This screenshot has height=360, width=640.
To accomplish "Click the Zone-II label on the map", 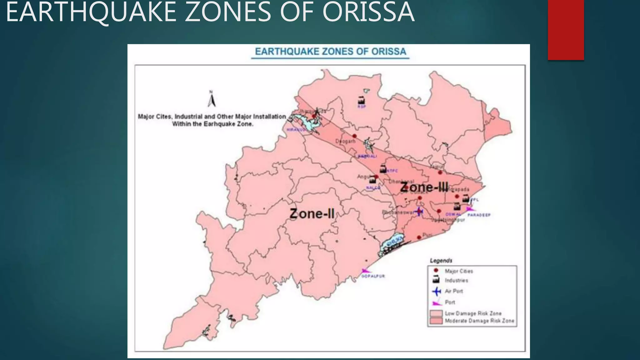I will coord(312,214).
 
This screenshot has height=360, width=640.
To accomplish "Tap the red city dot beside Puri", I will coord(419,237).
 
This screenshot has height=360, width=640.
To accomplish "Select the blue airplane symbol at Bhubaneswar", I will coord(419,212).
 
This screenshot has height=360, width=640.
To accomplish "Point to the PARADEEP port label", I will coord(479,215).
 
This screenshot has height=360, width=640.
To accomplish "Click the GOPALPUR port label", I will coord(373,276).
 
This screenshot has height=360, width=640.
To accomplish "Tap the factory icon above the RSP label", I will coord(361,101).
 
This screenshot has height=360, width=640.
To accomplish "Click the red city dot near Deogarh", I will coord(354,136).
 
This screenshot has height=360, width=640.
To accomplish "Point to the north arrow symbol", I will coord(212,99).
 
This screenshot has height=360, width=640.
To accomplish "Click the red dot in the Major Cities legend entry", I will coord(436,271).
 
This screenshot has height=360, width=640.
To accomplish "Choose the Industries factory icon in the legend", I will coord(436,280).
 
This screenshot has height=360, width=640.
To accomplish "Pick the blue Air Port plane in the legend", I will coord(436,291).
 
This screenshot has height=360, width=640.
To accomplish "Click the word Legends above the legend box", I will coord(441,260).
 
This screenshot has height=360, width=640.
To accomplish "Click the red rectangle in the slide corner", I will coord(566,30).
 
